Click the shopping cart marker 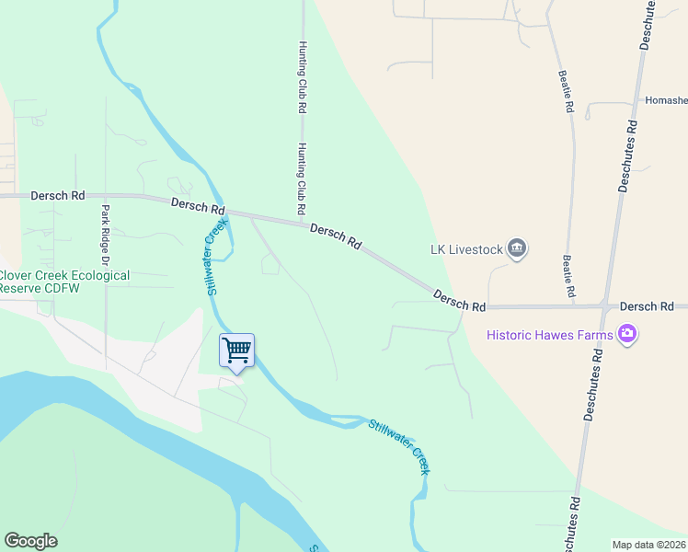point(236,351)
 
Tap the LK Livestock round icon point(517,248)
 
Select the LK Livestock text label point(466,248)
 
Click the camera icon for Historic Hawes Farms point(628,333)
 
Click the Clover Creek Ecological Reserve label point(64,282)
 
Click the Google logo point(30,541)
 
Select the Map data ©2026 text point(648,545)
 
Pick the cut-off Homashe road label point(665,100)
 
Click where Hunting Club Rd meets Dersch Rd point(303,222)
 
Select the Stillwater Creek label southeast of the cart point(401,445)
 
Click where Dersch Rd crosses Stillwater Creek point(226,213)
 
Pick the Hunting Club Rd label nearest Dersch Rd point(301,178)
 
